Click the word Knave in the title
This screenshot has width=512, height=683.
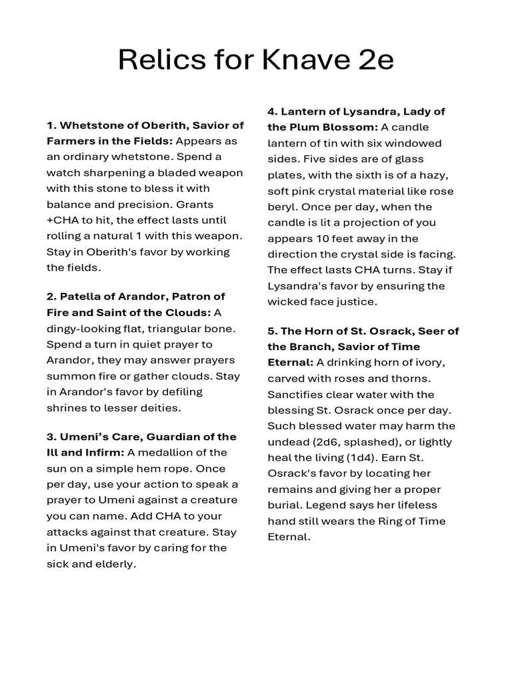pyautogui.click(x=294, y=60)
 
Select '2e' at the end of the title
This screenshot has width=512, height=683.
pyautogui.click(x=373, y=60)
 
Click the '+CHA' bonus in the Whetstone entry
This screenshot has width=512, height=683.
pyautogui.click(x=63, y=220)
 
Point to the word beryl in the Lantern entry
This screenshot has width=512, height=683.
pyautogui.click(x=281, y=207)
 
